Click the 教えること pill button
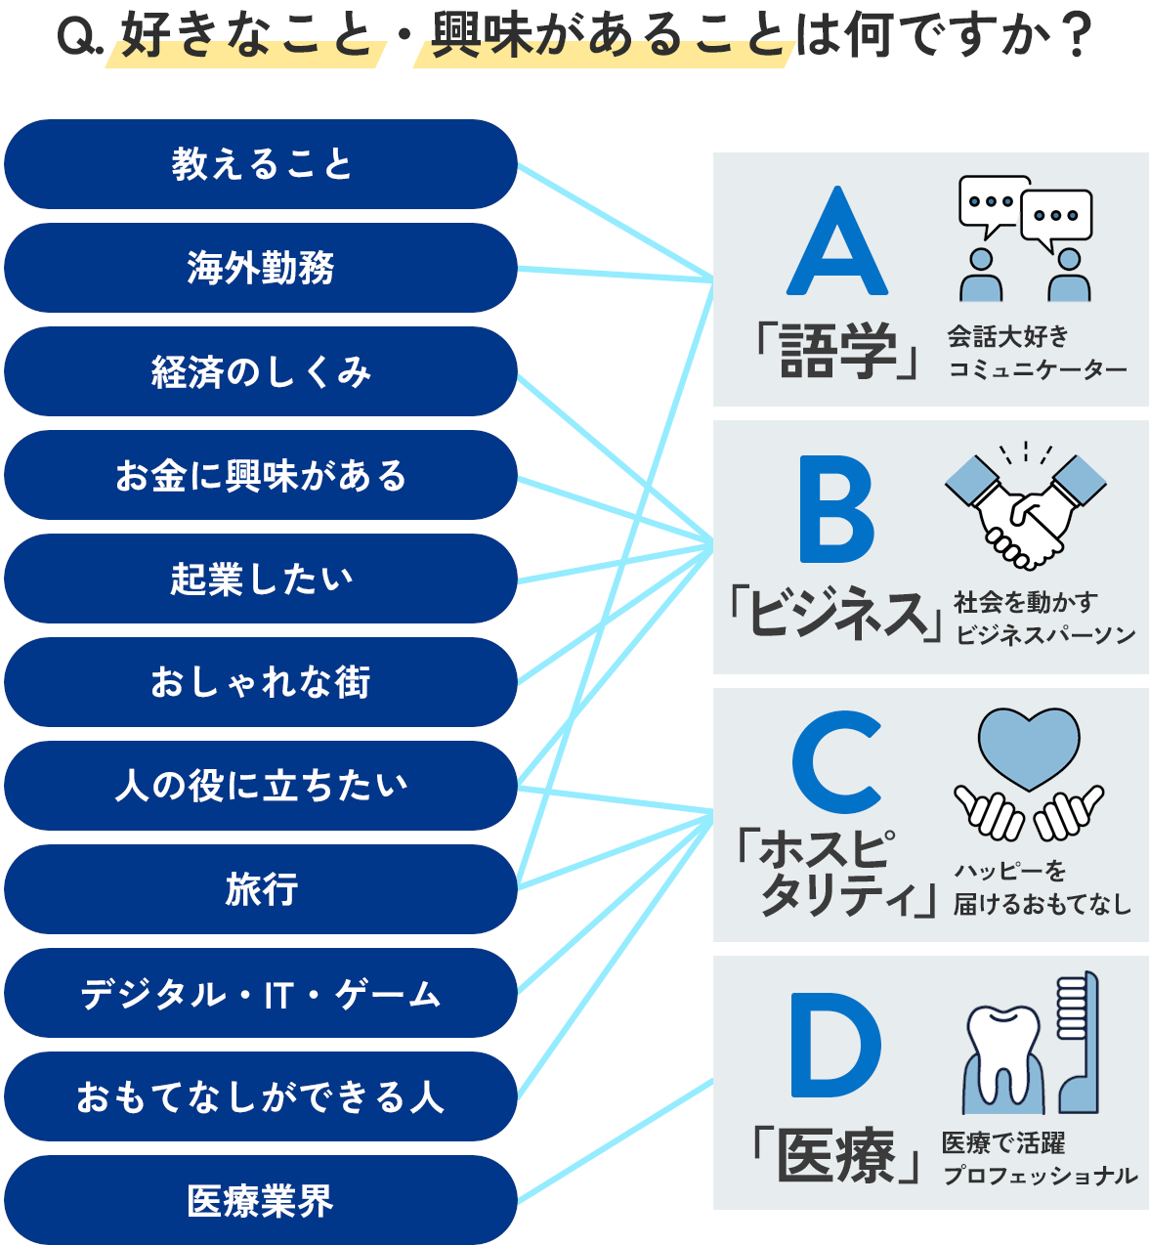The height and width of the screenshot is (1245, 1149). click(x=260, y=164)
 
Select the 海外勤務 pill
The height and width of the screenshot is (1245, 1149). click(x=260, y=268)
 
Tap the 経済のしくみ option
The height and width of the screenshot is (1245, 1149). click(x=260, y=371)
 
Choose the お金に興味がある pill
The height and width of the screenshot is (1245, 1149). click(x=260, y=475)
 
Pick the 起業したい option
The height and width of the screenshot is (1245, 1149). click(x=260, y=579)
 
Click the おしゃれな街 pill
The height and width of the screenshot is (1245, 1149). click(x=260, y=682)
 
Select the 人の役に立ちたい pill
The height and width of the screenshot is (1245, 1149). click(x=260, y=786)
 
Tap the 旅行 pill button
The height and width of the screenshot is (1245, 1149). click(x=260, y=889)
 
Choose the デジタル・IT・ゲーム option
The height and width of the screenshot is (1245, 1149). click(x=260, y=993)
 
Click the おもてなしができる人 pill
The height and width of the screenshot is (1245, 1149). click(x=260, y=1096)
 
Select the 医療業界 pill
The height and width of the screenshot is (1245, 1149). click(x=260, y=1200)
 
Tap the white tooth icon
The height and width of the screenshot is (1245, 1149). click(x=1003, y=1053)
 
